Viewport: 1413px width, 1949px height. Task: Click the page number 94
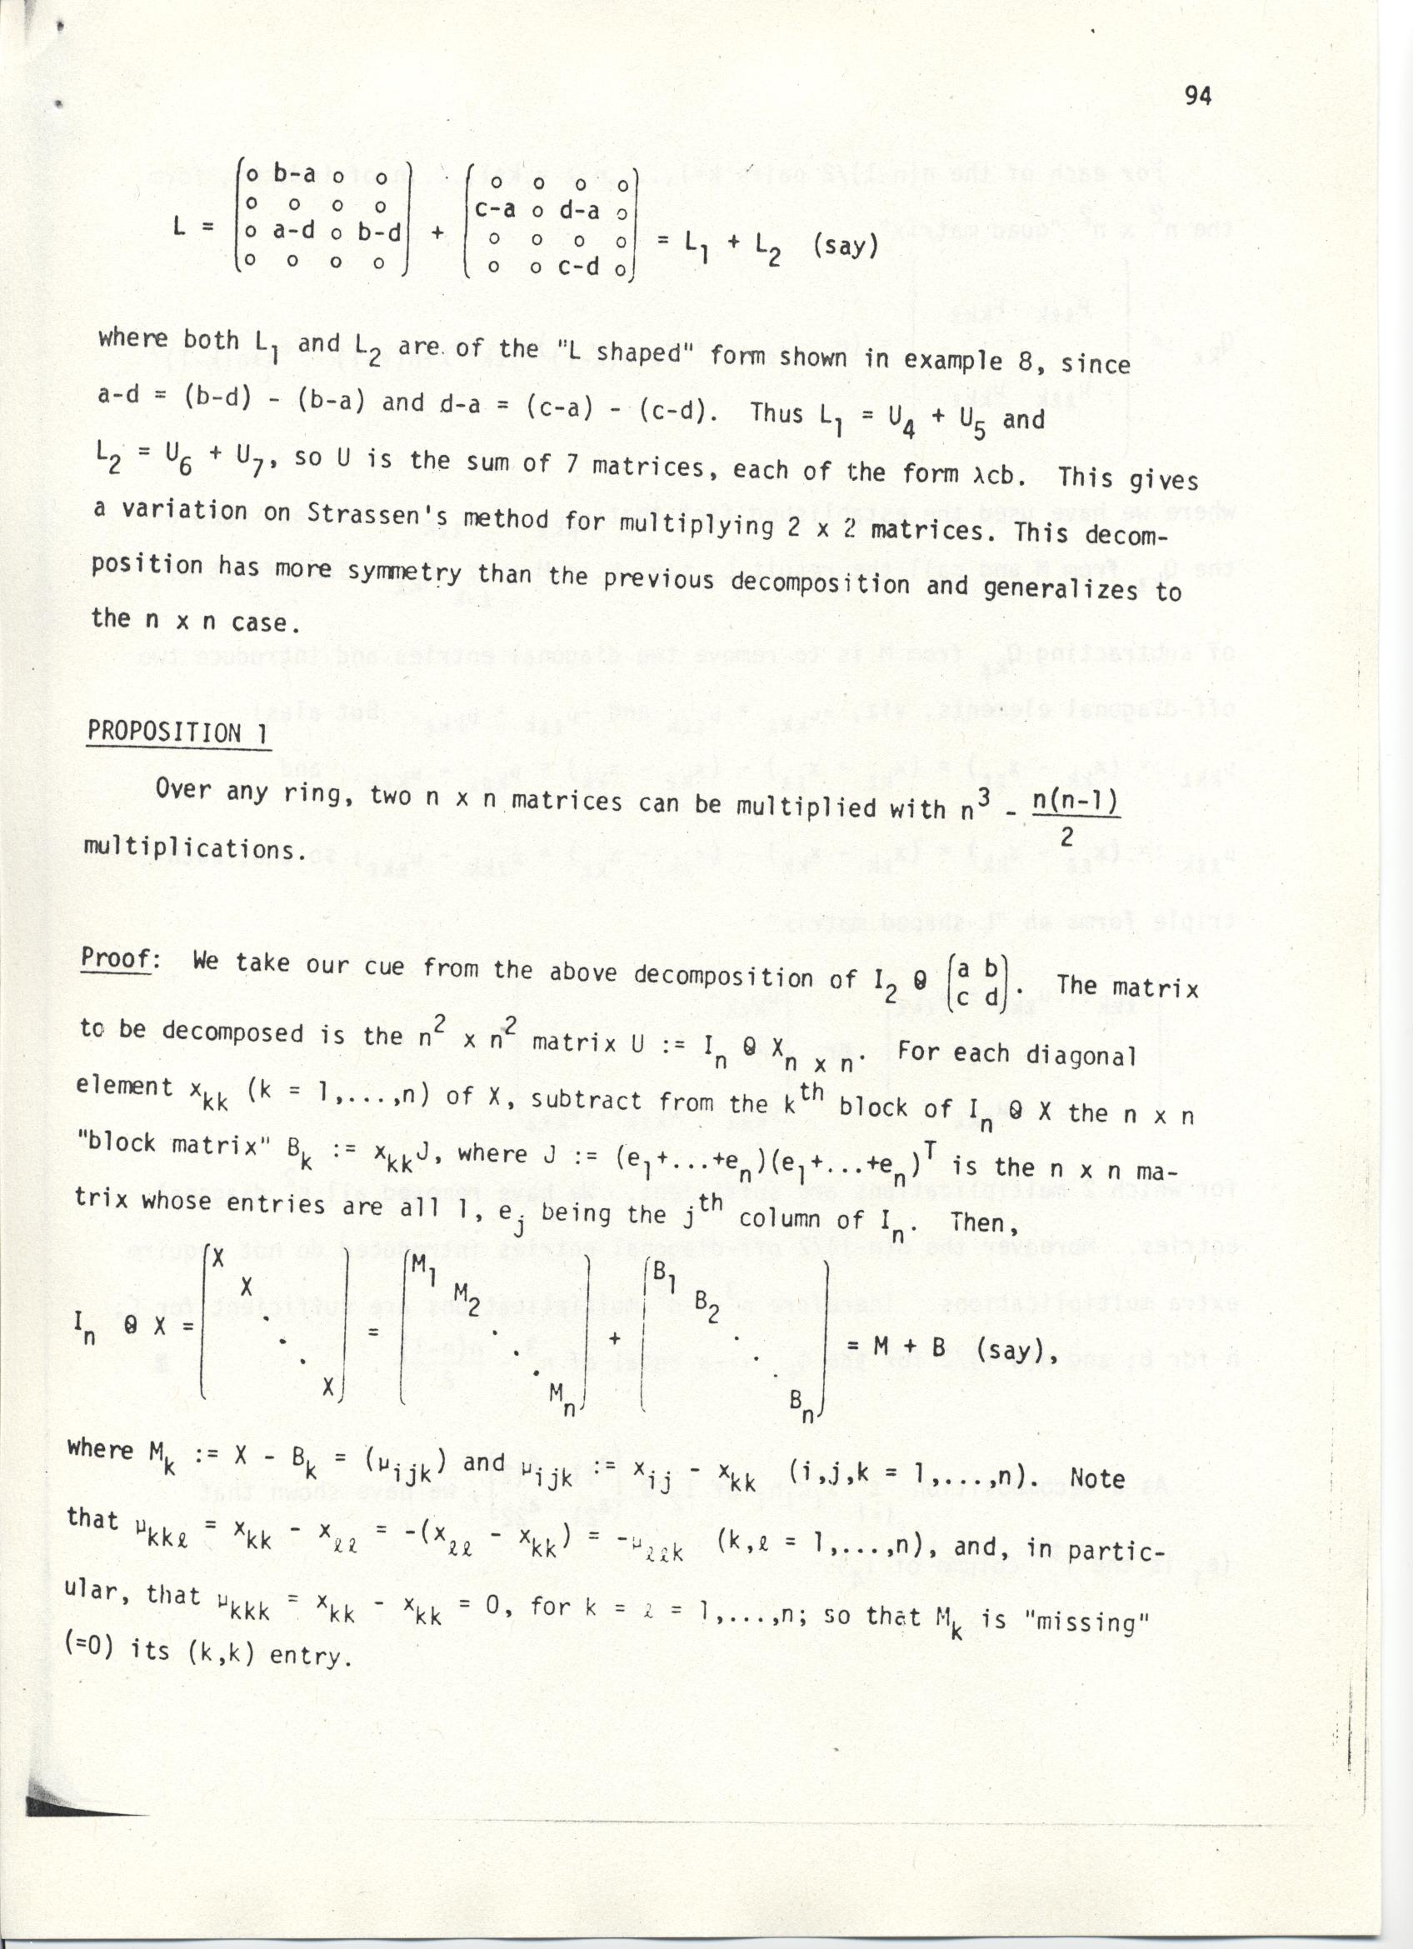click(x=1197, y=95)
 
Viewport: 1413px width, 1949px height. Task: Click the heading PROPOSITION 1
click(x=176, y=733)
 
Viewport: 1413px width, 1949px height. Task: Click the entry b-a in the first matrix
click(x=294, y=175)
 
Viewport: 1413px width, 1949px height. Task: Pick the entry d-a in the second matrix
click(x=578, y=210)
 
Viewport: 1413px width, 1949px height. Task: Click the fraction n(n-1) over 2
click(x=1074, y=818)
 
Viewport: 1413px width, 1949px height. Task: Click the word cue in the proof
click(x=385, y=965)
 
